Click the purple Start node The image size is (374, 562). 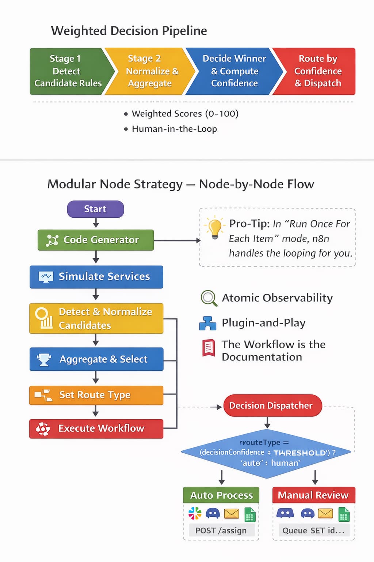pos(95,209)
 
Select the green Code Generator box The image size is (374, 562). pos(96,240)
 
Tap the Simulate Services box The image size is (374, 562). pos(96,277)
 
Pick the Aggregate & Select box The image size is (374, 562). pos(96,359)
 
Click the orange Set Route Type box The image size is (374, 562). pos(96,395)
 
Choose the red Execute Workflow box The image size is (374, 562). pos(96,428)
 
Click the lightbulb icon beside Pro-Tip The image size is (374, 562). pos(215,228)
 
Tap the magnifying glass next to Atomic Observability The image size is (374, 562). pos(209,298)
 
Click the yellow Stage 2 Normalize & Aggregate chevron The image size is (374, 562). pos(150,71)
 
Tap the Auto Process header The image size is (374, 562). pos(221,495)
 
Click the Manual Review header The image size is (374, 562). pos(313,495)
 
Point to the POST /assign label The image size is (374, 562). pos(221,531)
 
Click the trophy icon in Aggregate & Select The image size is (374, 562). pos(44,359)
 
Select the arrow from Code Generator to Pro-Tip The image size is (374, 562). pos(177,240)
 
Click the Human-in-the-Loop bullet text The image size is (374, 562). pos(174,129)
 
